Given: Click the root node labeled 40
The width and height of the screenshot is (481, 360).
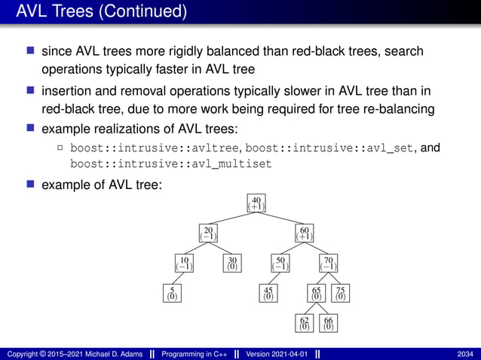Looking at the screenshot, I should click(256, 203).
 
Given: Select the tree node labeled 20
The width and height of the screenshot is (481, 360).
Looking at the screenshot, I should click(208, 233).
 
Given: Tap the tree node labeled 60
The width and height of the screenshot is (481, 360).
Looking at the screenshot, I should click(305, 233).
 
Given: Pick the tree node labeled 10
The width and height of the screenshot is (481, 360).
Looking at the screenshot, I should click(184, 264).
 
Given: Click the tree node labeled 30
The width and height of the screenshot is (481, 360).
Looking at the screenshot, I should click(232, 264).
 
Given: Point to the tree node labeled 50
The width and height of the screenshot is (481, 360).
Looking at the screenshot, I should click(280, 264).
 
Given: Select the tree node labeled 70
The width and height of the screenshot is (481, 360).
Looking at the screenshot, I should click(329, 264).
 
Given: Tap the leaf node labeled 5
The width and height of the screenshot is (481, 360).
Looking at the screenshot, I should click(172, 293).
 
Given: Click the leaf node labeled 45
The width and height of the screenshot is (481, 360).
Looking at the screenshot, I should click(268, 293).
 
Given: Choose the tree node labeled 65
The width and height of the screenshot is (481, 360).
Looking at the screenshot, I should click(317, 293).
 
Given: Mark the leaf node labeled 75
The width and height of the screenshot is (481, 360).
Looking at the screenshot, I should click(341, 293).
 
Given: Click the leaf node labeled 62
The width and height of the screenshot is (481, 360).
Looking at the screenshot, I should click(305, 323).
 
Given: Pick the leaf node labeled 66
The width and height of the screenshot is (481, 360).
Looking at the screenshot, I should click(329, 323).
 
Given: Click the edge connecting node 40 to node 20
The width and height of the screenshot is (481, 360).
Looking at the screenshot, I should click(232, 218).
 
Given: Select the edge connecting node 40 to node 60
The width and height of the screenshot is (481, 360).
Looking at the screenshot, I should click(280, 218).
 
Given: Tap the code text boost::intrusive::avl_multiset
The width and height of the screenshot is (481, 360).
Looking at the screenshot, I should click(170, 163).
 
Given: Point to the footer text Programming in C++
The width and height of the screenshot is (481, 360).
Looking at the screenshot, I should click(194, 354).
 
